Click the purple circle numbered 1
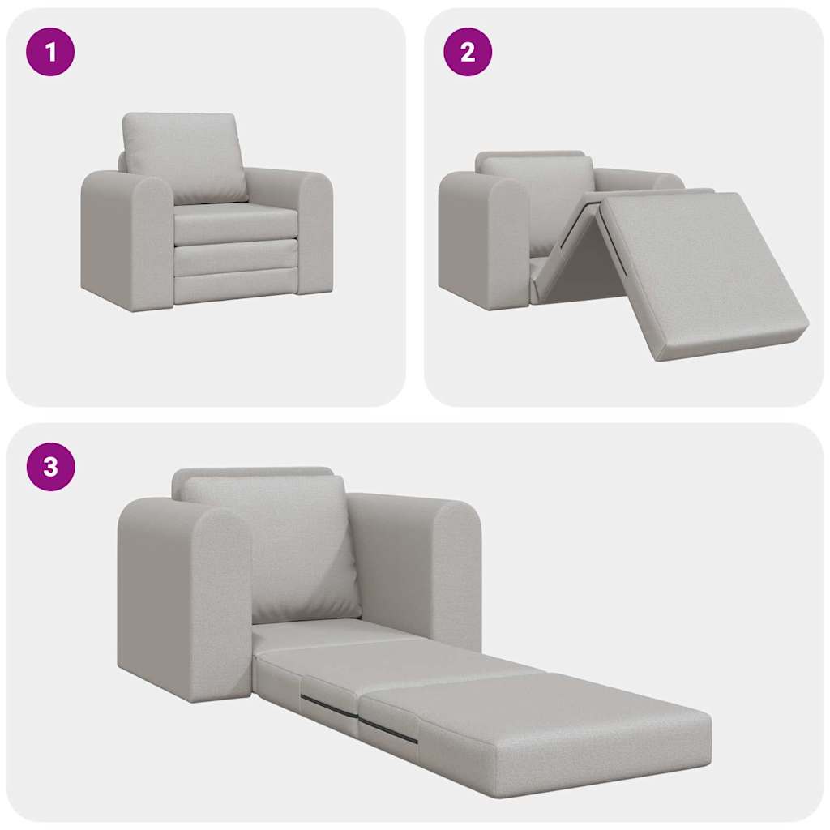(50, 53)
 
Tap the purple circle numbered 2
(467, 53)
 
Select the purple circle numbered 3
(50, 467)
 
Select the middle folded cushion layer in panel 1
(235, 258)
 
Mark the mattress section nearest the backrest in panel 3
(324, 636)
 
